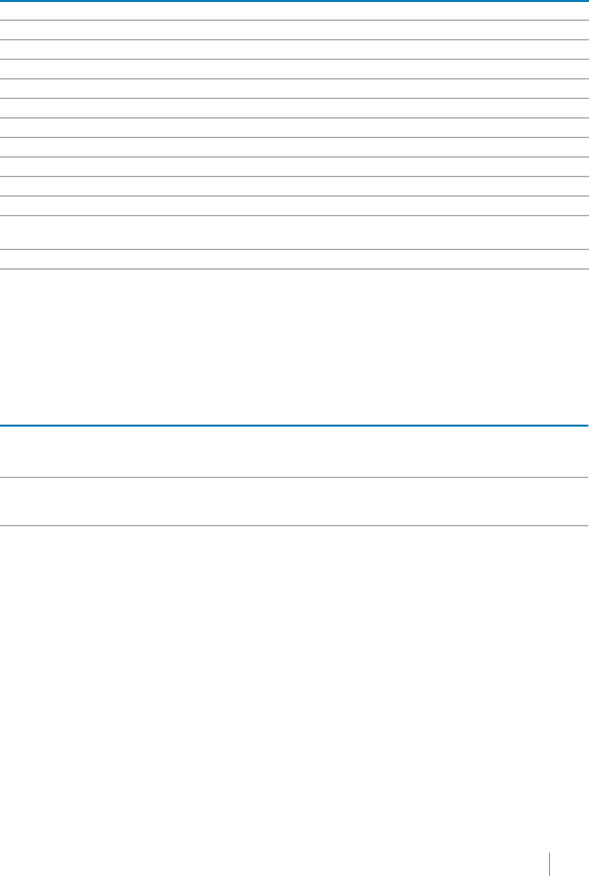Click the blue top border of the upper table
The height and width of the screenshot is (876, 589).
point(293,1)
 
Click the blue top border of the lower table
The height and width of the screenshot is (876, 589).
point(293,425)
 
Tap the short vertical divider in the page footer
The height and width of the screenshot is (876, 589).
point(549,865)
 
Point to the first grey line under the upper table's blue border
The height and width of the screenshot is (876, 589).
point(293,20)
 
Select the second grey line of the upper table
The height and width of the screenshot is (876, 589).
point(293,40)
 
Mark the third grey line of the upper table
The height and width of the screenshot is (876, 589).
point(293,59)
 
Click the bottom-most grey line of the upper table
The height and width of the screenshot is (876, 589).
point(293,269)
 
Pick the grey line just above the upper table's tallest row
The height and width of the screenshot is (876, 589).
point(293,216)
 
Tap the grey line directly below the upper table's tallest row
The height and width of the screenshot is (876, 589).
point(293,249)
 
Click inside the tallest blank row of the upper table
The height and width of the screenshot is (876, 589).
point(293,233)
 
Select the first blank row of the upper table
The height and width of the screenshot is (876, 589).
point(293,11)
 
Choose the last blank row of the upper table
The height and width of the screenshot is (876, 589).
point(293,259)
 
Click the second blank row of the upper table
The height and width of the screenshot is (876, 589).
point(293,30)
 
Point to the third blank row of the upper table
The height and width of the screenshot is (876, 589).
point(293,49)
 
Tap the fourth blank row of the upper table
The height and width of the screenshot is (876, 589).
point(293,69)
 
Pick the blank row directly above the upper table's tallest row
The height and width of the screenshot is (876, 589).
point(293,206)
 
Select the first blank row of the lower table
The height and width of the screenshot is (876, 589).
point(293,451)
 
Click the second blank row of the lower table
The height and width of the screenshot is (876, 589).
point(293,502)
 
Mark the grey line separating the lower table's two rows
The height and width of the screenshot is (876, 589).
point(293,477)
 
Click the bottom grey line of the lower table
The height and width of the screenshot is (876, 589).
point(293,526)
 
